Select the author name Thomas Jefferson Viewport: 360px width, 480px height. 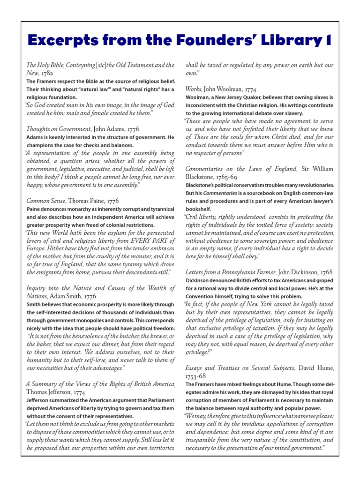55,392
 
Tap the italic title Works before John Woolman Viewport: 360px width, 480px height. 194,88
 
